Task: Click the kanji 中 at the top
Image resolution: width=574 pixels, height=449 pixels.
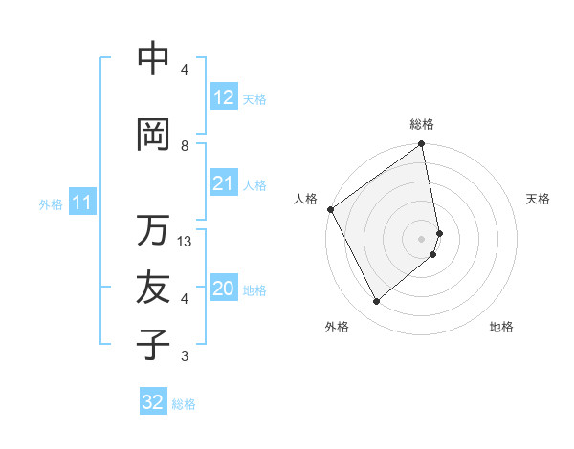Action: coord(153,59)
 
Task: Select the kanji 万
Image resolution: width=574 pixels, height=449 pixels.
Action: coord(153,230)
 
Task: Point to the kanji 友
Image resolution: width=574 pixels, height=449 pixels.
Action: coord(153,288)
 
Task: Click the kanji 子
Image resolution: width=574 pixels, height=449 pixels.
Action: coord(153,345)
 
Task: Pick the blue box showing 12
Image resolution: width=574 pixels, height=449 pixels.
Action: coord(223,97)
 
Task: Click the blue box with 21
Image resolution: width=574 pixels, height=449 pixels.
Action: coord(223,183)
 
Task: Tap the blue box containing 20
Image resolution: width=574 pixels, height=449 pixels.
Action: coord(223,289)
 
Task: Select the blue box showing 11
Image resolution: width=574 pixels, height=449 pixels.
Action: coord(81,203)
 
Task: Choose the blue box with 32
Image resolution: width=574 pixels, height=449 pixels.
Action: coord(153,403)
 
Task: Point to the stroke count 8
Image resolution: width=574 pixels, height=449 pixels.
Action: coord(185,145)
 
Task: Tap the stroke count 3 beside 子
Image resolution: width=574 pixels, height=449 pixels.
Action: coord(185,356)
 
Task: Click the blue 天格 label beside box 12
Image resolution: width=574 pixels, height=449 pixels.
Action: coord(254,98)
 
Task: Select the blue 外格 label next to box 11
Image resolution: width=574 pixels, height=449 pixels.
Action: coord(50,203)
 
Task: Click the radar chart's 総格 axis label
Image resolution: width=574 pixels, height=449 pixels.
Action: coord(422,124)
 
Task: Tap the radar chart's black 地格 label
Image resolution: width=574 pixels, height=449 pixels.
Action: coord(501,327)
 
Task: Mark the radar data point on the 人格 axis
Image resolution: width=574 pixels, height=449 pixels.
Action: coord(330,209)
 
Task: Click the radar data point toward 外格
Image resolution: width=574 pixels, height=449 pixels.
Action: coord(377,301)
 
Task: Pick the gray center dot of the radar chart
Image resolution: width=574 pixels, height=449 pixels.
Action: coord(422,239)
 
